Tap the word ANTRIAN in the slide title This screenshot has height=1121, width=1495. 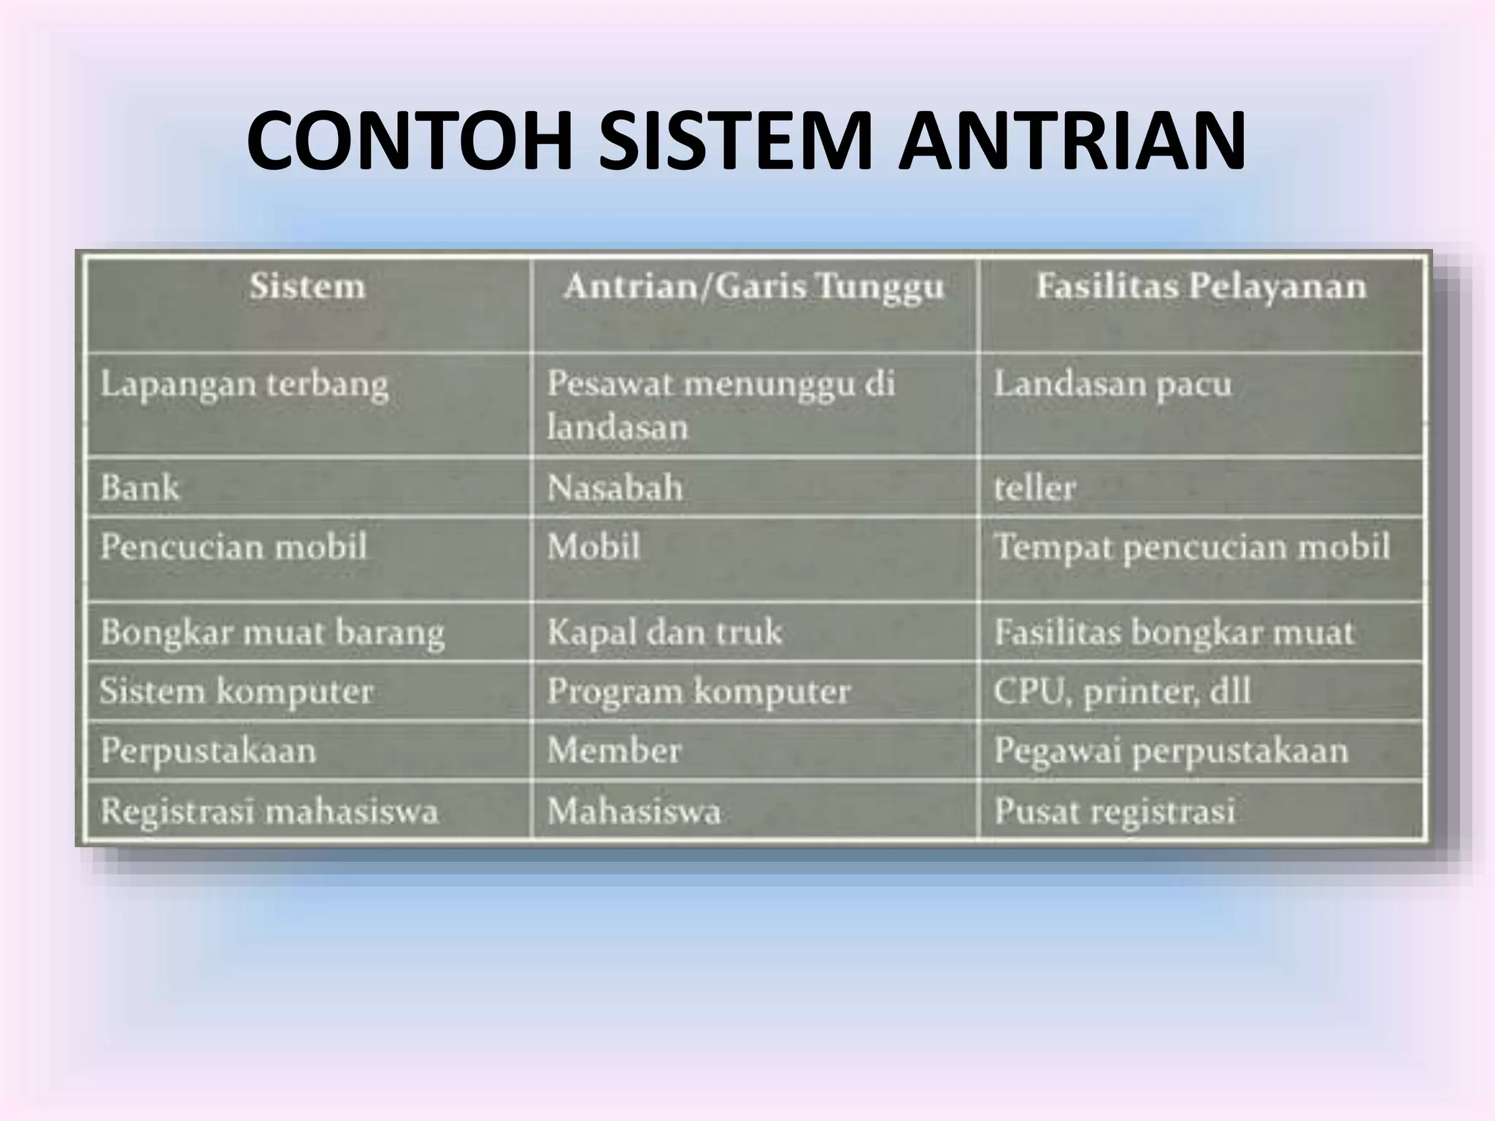click(x=1072, y=142)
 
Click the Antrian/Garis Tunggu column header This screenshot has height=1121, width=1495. click(x=753, y=286)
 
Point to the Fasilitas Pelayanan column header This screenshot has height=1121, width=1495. click(x=1201, y=286)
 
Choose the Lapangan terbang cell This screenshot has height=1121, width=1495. click(x=244, y=385)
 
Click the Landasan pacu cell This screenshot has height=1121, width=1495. click(x=1112, y=385)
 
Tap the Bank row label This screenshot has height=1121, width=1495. click(x=139, y=488)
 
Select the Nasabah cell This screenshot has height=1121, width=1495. click(x=615, y=488)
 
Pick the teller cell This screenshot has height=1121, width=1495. click(x=1034, y=488)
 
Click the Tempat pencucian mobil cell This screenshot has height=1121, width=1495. click(x=1192, y=547)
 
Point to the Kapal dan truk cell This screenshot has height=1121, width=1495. click(x=664, y=632)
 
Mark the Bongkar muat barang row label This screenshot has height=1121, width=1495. click(x=272, y=633)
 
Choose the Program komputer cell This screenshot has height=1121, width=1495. click(x=699, y=691)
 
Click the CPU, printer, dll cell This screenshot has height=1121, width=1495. click(x=1122, y=691)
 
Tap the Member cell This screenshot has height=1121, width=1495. click(x=614, y=750)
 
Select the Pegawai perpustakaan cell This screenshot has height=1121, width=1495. click(x=1171, y=751)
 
